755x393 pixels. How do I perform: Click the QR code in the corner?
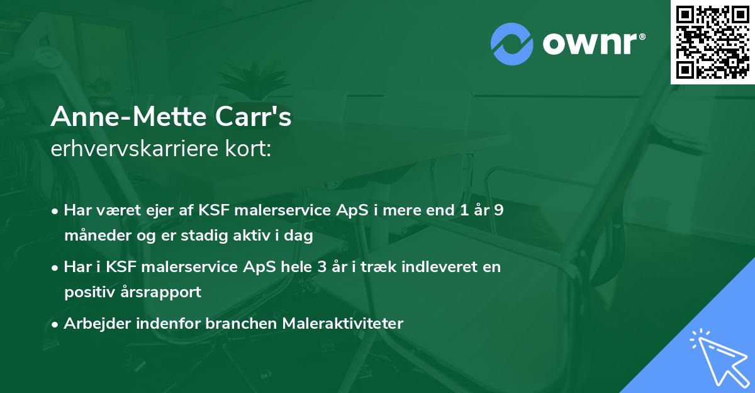tap(713, 42)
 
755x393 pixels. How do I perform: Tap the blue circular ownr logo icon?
tap(512, 43)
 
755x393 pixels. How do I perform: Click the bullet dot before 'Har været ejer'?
tap(56, 211)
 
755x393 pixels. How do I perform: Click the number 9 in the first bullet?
tap(498, 210)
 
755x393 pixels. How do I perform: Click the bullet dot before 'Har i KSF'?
tap(56, 267)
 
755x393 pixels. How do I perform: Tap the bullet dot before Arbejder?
tap(56, 324)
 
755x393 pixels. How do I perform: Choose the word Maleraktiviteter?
tap(343, 323)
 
